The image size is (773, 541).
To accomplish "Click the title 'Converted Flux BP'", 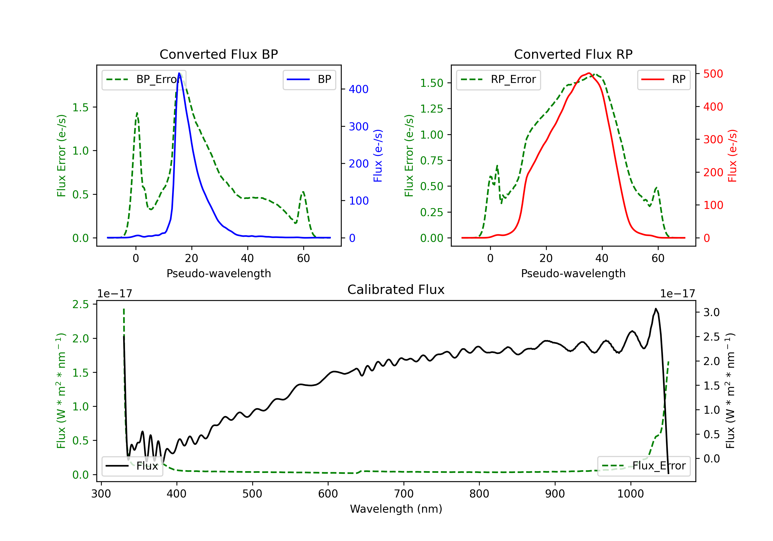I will (219, 54).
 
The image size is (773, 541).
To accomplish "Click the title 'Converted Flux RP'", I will (573, 54).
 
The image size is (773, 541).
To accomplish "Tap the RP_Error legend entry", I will (499, 79).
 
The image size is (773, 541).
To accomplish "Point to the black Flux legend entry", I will (132, 466).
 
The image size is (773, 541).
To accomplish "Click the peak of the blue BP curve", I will (179, 73).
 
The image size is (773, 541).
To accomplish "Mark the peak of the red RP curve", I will (589, 73).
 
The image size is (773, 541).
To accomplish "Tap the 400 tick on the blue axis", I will (359, 89).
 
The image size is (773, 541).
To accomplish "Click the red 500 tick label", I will (713, 74).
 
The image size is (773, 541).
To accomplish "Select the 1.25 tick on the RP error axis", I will (431, 109).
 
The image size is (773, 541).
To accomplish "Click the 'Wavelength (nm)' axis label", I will (396, 509).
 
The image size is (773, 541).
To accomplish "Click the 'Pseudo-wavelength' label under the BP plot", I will (219, 273).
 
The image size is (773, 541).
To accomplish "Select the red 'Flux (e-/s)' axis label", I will (732, 156).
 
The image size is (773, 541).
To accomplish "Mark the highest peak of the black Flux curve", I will (656, 309).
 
